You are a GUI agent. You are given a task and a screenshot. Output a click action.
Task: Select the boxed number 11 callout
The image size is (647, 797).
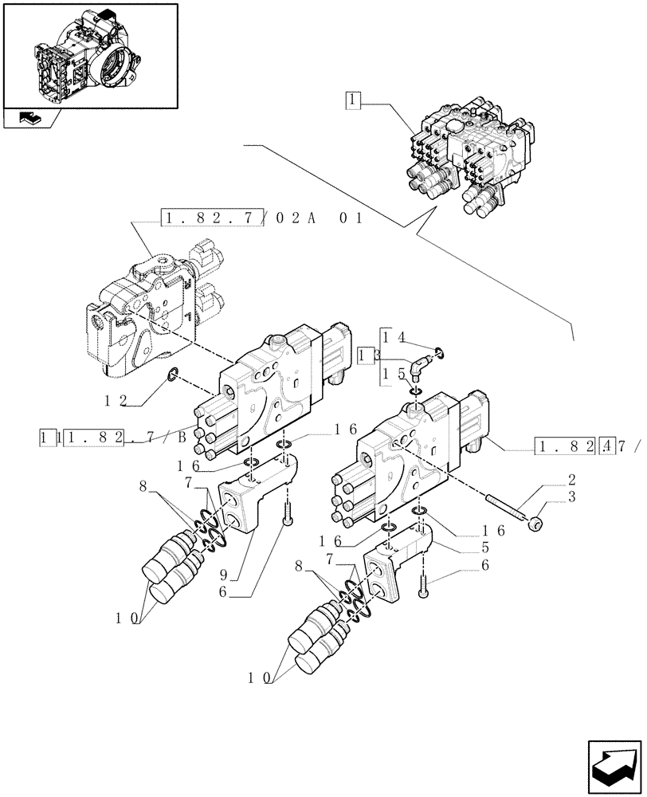45,438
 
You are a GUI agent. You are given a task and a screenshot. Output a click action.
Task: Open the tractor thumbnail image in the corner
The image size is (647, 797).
89,56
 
